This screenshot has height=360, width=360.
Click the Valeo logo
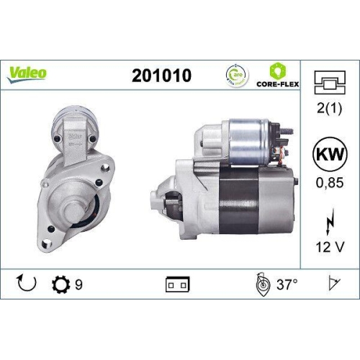click(28, 72)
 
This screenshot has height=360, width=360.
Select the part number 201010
click(162, 74)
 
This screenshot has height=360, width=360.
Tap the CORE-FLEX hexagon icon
click(278, 71)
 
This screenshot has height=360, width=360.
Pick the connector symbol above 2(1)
click(329, 83)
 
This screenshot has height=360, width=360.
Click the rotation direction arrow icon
click(24, 284)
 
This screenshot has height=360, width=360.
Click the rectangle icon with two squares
click(176, 284)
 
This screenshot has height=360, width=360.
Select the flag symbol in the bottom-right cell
click(332, 284)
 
